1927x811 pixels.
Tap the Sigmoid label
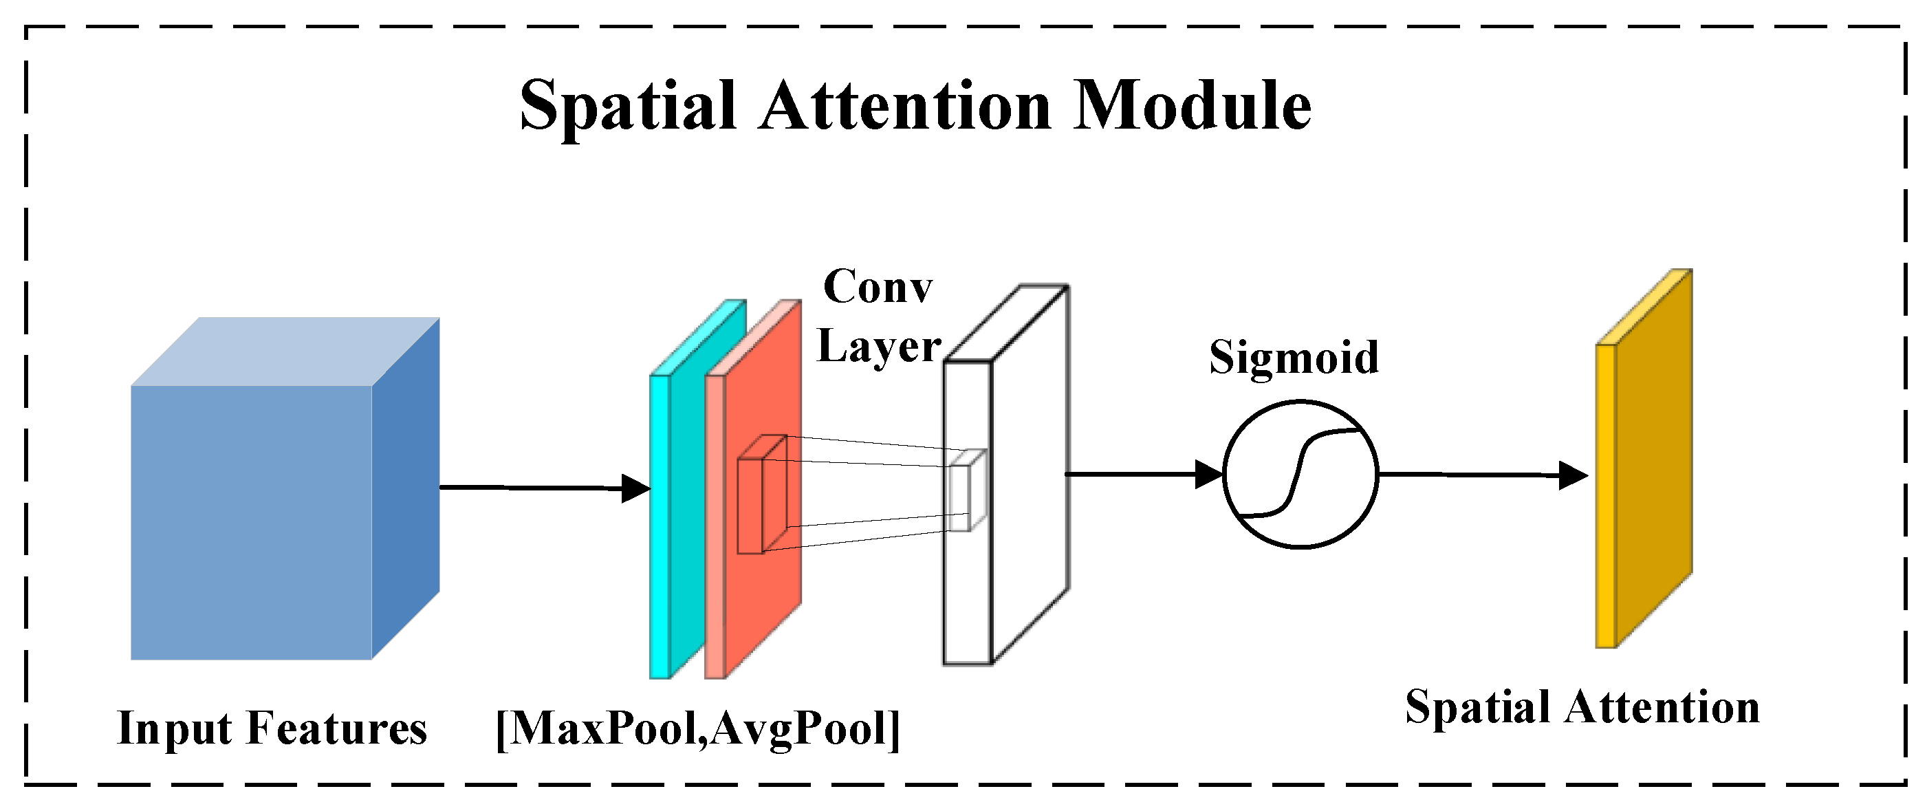(x=1294, y=357)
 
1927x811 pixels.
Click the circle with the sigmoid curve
(x=1300, y=475)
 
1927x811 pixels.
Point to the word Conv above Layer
(x=878, y=287)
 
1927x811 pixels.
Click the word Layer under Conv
(x=878, y=347)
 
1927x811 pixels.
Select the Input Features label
(x=272, y=728)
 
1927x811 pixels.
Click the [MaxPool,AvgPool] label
(x=697, y=728)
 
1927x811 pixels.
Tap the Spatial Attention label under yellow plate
(x=1582, y=707)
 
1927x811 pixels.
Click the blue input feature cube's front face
(x=251, y=522)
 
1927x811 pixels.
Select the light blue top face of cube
(x=284, y=352)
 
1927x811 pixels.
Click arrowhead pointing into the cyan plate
(x=636, y=488)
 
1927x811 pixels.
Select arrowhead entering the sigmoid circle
(x=1208, y=475)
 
